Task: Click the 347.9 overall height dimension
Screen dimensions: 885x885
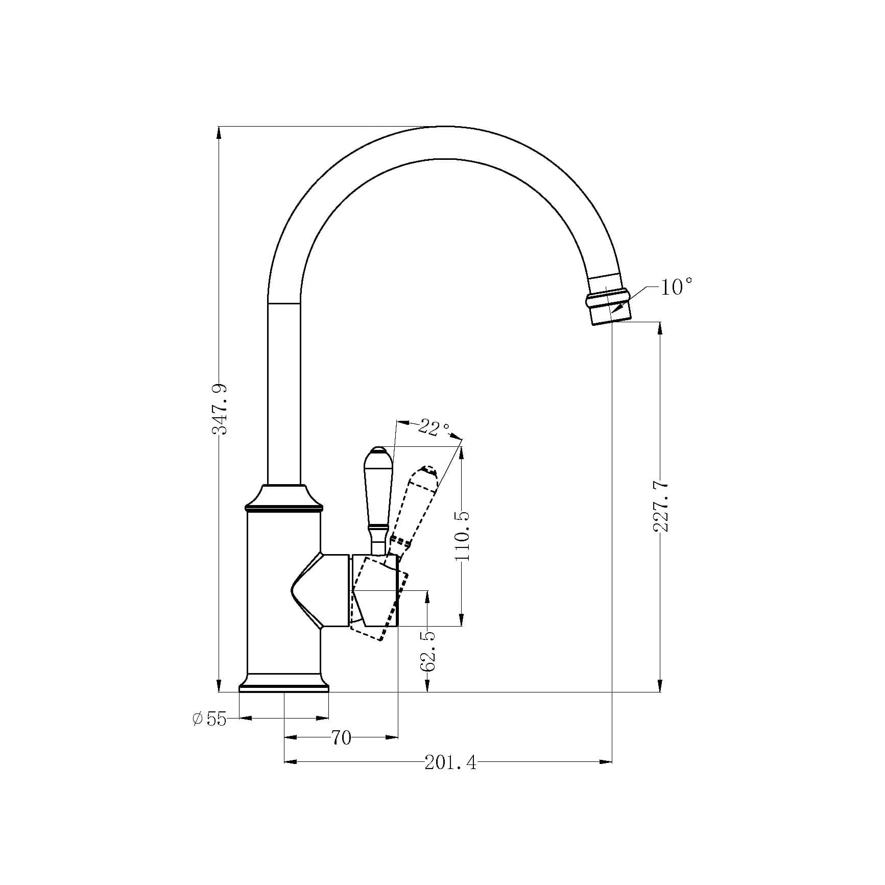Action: pyautogui.click(x=220, y=409)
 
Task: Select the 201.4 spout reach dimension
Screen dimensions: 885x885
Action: pyautogui.click(x=450, y=777)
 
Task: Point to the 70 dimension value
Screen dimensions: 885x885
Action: pyautogui.click(x=342, y=737)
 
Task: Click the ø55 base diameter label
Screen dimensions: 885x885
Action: pyautogui.click(x=209, y=719)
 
